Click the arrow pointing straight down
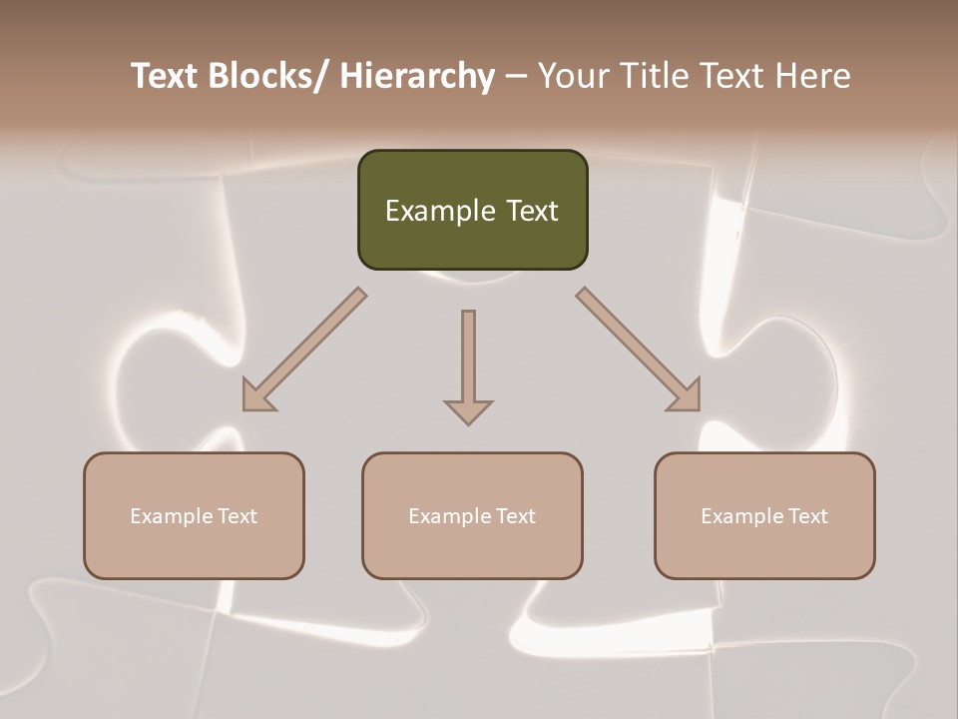click(x=468, y=359)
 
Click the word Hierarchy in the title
click(x=417, y=76)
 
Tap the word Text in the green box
click(x=531, y=212)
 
